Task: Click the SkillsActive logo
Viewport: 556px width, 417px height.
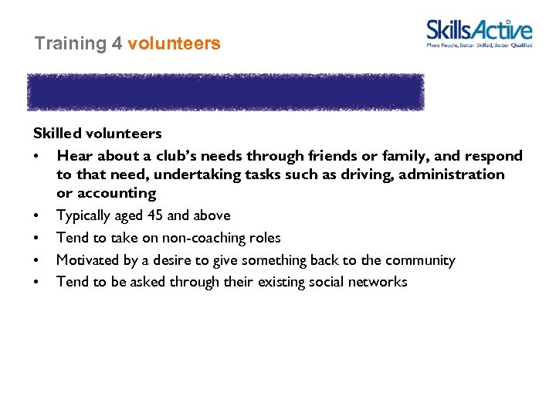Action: pyautogui.click(x=479, y=33)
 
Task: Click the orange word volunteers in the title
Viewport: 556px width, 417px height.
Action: pyautogui.click(x=174, y=44)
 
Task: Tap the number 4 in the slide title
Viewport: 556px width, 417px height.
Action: pyautogui.click(x=117, y=44)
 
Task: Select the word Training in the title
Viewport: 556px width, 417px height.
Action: pyautogui.click(x=70, y=44)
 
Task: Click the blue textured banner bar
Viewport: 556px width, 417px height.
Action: pyautogui.click(x=225, y=92)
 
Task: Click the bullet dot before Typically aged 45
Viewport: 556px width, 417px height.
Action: pyautogui.click(x=37, y=216)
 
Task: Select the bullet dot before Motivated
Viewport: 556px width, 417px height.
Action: pyautogui.click(x=37, y=261)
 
